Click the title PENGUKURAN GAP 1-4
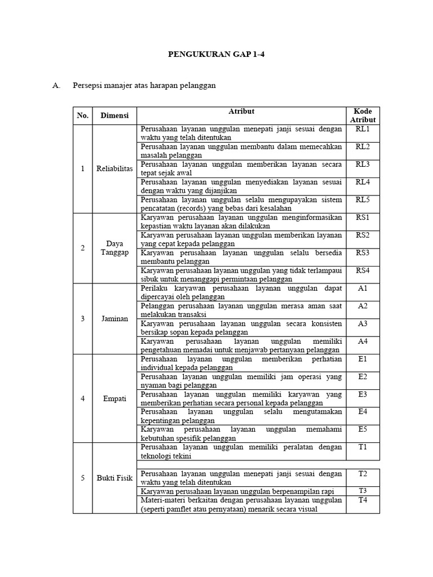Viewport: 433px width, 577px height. (x=216, y=56)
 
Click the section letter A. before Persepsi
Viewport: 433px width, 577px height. (x=55, y=86)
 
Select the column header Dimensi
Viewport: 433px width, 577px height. (x=114, y=116)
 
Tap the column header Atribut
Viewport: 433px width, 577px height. (x=241, y=112)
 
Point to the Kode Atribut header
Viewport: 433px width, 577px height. (x=363, y=116)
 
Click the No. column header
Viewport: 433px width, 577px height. (x=83, y=116)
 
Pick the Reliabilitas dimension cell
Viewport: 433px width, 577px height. (x=114, y=168)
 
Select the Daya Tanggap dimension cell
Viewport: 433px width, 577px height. (x=114, y=248)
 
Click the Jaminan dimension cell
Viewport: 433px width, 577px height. (x=114, y=318)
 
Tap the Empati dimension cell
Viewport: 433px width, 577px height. (x=114, y=398)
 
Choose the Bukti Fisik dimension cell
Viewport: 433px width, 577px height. (x=114, y=478)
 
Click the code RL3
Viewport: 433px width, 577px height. (x=363, y=165)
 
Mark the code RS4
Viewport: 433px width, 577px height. (x=363, y=270)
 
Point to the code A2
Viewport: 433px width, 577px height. (x=363, y=306)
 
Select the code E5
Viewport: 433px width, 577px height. (x=363, y=429)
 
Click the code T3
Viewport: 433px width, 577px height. (x=363, y=491)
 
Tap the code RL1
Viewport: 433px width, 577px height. (x=363, y=129)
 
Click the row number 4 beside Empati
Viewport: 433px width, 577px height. (x=83, y=398)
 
